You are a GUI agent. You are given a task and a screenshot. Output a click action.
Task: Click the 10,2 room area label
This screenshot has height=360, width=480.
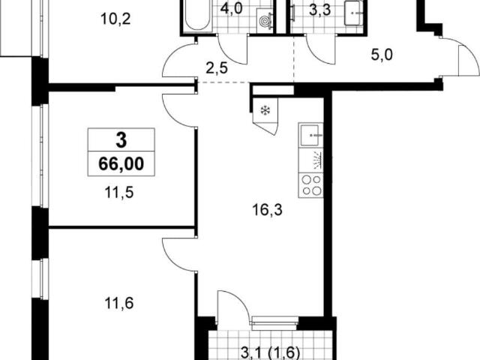(115, 19)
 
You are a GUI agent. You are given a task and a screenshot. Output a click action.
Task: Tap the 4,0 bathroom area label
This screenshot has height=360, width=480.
(232, 8)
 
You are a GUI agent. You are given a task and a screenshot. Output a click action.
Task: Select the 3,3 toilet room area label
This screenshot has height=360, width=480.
(320, 10)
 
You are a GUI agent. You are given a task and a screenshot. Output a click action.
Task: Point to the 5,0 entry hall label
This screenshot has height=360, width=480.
(382, 55)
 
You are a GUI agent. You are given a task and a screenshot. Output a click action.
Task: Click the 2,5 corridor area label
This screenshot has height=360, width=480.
(217, 68)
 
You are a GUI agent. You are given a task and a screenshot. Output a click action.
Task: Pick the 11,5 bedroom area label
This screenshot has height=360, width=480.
(119, 193)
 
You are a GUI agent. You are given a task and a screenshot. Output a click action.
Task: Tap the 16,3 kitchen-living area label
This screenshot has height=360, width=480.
(267, 210)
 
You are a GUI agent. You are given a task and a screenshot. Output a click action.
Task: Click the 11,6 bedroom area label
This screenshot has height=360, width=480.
(119, 304)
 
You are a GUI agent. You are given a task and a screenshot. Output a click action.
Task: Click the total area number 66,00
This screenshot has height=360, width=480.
(121, 164)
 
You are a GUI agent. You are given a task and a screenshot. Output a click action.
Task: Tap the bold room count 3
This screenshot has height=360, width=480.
(121, 140)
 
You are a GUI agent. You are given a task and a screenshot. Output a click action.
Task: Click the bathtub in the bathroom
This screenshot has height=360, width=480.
(197, 15)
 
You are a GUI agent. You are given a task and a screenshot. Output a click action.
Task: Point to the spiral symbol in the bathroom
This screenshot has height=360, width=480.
(264, 21)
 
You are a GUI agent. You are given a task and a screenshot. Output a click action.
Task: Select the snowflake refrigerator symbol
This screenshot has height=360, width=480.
(265, 110)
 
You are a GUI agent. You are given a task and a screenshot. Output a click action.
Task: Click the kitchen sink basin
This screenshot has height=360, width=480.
(310, 135)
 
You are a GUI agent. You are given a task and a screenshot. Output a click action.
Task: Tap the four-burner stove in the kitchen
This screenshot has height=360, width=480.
(310, 185)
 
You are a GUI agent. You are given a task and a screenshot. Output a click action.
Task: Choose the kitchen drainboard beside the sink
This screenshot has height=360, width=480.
(310, 160)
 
